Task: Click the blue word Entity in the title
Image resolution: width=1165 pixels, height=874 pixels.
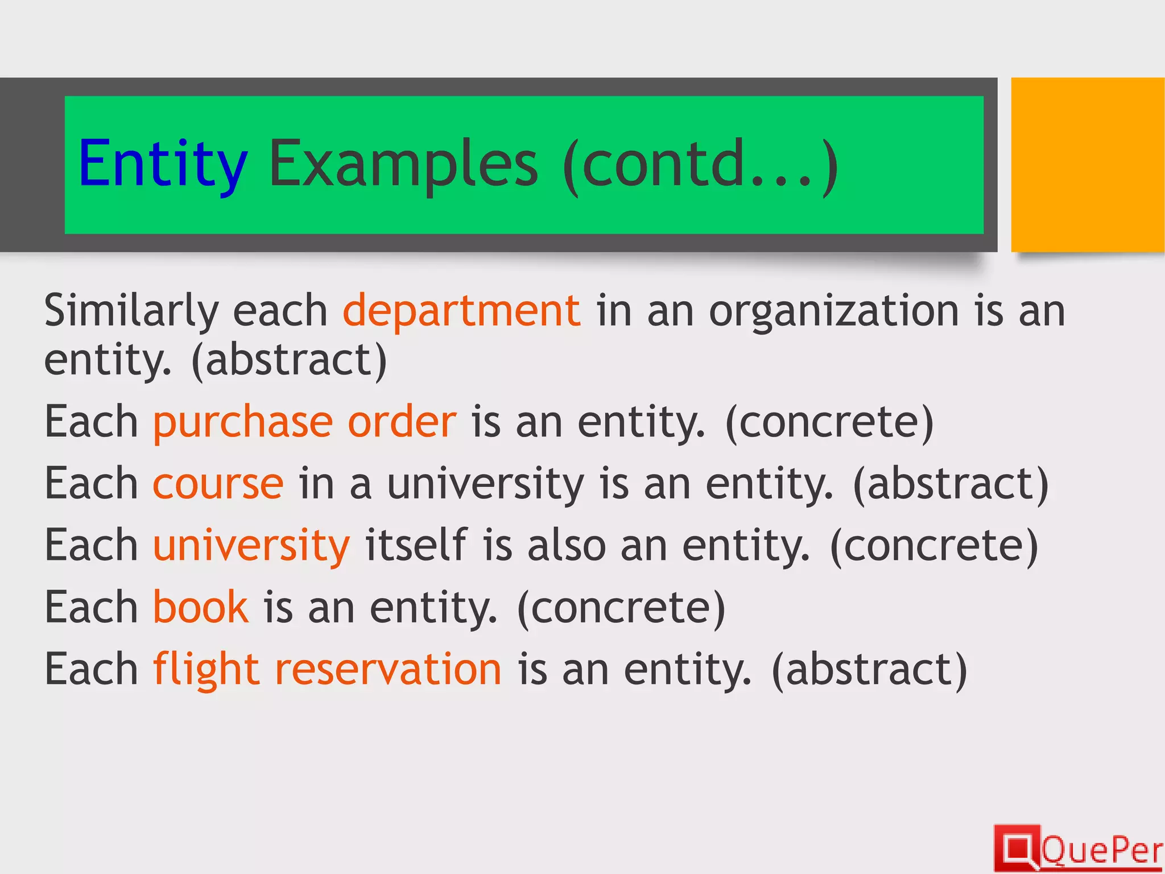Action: (163, 164)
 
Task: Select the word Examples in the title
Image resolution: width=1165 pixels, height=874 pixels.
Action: (403, 164)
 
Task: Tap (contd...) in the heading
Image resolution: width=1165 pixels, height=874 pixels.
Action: (700, 164)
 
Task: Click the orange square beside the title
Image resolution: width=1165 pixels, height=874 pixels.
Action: (1087, 164)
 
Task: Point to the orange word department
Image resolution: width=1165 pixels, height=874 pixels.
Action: (461, 311)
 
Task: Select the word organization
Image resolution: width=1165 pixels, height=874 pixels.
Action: (834, 311)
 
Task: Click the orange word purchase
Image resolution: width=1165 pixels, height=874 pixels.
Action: (243, 422)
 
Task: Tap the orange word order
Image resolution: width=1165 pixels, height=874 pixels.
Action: (402, 422)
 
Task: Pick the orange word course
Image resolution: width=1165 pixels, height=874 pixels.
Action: (218, 484)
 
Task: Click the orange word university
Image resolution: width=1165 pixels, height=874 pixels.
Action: (251, 545)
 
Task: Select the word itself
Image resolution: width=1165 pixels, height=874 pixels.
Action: (416, 545)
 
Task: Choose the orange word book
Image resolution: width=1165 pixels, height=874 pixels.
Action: (200, 607)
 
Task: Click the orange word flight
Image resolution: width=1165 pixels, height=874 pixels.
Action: (206, 669)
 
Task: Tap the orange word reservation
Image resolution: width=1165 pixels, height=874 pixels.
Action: (388, 669)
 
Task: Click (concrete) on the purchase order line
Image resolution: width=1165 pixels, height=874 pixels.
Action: (829, 422)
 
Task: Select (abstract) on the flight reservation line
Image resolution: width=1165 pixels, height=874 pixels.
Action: (869, 669)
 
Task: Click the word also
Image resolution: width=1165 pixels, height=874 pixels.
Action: (567, 545)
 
